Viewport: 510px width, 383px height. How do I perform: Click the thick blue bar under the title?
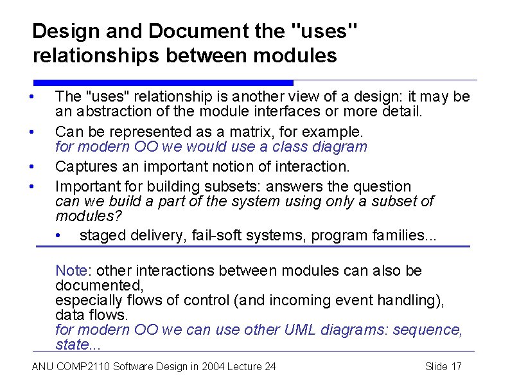pyautogui.click(x=163, y=83)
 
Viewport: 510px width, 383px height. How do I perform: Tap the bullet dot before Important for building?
pyautogui.click(x=31, y=187)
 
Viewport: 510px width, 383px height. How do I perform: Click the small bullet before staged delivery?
pyautogui.click(x=59, y=236)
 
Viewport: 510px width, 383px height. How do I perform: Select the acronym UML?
pyautogui.click(x=283, y=330)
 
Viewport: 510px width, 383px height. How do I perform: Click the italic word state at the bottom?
pyautogui.click(x=71, y=344)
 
